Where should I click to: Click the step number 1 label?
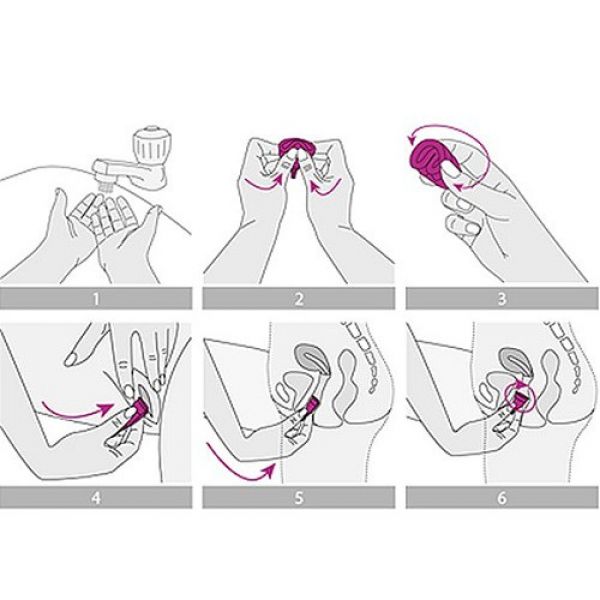[96, 299]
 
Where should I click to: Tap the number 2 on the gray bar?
[299, 299]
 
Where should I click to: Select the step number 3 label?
[502, 299]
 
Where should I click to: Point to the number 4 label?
[96, 498]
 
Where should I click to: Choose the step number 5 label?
[299, 498]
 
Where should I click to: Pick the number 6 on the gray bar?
[502, 498]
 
